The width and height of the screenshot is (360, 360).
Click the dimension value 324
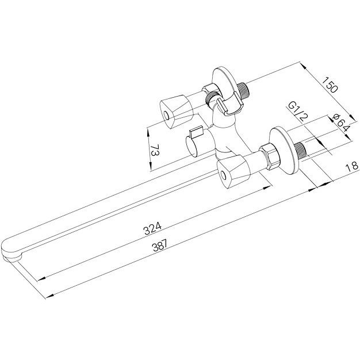tap(152, 228)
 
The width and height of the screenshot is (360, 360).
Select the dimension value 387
tap(160, 246)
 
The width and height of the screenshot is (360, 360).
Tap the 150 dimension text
tap(330, 85)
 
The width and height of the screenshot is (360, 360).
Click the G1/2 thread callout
tap(298, 112)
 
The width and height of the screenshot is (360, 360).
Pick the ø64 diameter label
tap(341, 123)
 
